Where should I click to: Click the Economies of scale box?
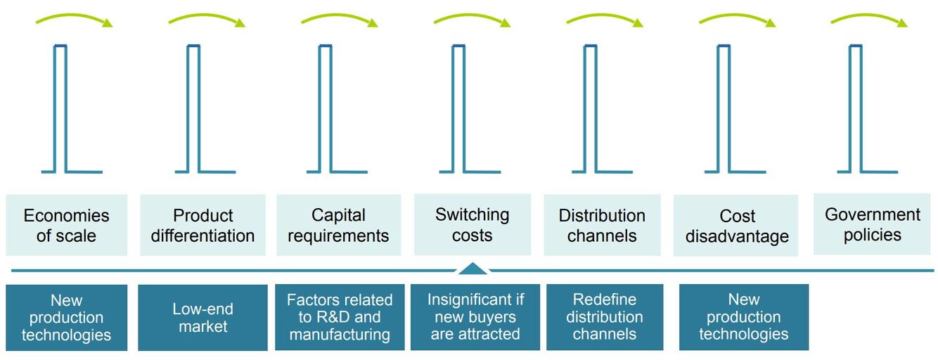(x=67, y=225)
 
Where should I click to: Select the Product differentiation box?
(x=203, y=225)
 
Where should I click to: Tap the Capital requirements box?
(x=338, y=225)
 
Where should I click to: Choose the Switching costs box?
(x=473, y=224)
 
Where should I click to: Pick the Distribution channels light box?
(x=602, y=225)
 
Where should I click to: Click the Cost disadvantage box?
(x=735, y=225)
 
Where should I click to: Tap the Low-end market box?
(x=203, y=318)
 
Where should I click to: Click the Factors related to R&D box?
(x=340, y=317)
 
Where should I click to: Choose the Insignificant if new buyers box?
(x=475, y=317)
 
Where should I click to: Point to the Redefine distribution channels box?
(x=605, y=317)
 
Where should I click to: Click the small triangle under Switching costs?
(x=473, y=269)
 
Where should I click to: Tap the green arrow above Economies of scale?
(x=74, y=18)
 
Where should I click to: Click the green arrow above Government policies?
(x=869, y=18)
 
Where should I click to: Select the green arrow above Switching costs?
(x=472, y=18)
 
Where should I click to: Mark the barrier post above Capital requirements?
(x=337, y=108)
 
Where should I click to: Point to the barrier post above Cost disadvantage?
(x=735, y=108)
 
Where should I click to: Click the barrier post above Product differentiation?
(x=205, y=108)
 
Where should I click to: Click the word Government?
(x=873, y=214)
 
